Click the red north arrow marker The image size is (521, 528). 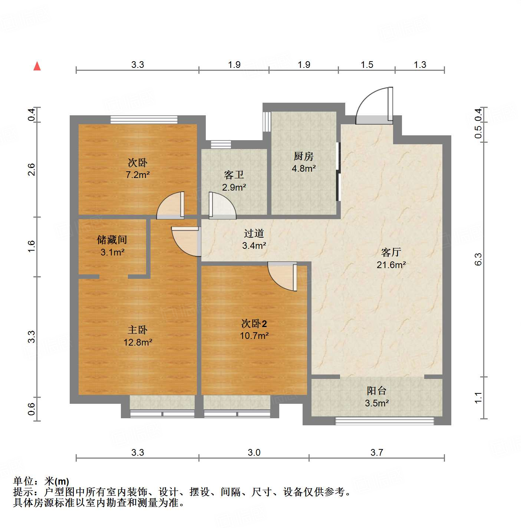37,66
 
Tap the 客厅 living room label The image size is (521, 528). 391,253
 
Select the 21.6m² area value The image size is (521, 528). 391,265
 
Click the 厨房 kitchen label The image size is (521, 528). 304,156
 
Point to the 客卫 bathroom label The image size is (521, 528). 234,175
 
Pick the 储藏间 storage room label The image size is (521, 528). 112,240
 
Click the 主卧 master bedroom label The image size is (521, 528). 138,330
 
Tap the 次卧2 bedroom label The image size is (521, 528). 254,324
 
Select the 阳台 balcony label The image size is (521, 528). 377,391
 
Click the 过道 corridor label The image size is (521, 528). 254,234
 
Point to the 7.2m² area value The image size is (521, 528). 138,175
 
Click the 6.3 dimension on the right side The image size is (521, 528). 478,259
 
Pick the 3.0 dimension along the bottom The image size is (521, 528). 254,452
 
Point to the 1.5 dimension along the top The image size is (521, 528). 367,65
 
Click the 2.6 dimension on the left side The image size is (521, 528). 32,169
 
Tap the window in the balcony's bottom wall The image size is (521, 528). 385,421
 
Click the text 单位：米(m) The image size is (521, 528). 41,481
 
